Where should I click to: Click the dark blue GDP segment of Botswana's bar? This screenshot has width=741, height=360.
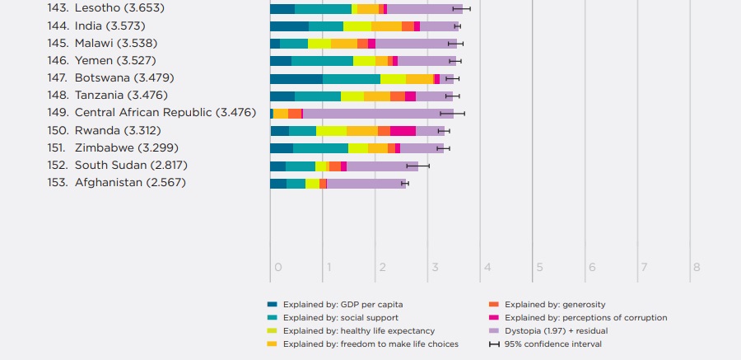pos(296,79)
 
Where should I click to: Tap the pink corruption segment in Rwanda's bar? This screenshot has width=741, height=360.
pos(403,131)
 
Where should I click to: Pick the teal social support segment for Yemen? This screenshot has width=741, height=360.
pos(322,61)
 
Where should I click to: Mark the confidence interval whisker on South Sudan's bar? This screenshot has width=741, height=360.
pos(417,166)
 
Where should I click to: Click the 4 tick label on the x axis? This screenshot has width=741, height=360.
pos(487,267)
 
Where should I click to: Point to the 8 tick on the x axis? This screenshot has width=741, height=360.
pos(697,267)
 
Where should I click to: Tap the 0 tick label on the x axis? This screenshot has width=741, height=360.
pos(278,267)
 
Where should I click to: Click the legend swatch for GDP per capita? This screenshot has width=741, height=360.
pos(273,305)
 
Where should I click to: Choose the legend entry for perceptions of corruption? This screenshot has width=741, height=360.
pos(585,318)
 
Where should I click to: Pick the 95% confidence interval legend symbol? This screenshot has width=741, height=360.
pos(494,344)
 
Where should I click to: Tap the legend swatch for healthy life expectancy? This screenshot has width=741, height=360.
pos(273,330)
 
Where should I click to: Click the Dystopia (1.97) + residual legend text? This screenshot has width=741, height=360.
pos(556,330)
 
